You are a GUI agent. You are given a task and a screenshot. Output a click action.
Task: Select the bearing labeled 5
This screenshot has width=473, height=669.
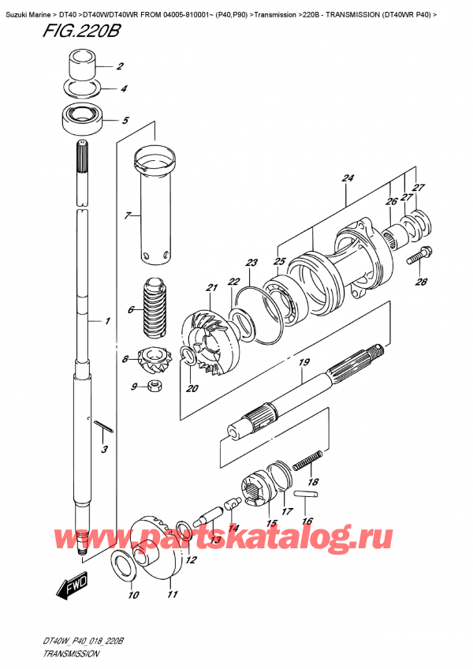81,118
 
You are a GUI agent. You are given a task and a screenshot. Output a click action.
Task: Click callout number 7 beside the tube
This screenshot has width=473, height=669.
127,215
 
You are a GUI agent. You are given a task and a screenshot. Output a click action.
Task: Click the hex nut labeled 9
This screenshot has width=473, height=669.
155,386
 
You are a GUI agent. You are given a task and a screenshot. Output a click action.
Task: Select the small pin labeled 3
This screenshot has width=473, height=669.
105,428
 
